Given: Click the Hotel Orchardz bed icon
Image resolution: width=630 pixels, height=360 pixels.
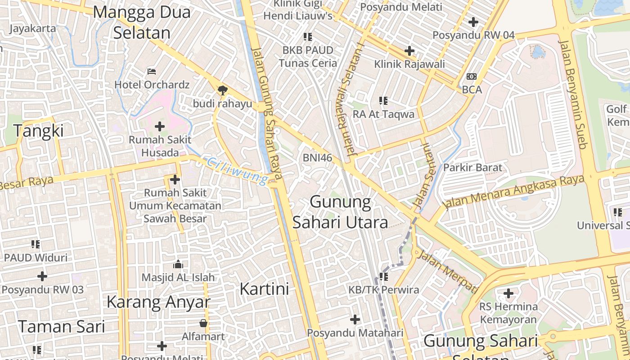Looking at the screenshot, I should [152, 71].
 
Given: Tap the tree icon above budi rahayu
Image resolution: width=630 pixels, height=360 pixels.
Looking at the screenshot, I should [222, 90].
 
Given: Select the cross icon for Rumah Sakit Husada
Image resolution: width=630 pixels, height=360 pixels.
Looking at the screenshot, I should [160, 126].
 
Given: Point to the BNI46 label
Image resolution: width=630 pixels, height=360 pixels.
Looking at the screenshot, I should [317, 157].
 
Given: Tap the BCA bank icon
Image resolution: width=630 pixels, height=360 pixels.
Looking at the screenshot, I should [472, 76].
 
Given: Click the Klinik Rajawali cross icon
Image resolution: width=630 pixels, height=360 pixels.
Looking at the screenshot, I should [409, 51].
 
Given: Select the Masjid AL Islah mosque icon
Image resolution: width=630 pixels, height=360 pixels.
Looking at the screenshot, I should [178, 264].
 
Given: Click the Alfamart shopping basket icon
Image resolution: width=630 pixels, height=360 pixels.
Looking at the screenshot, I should [203, 323].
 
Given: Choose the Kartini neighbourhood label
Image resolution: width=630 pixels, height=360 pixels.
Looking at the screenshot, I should [264, 289].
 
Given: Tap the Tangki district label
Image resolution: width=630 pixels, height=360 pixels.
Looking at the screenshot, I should [38, 131].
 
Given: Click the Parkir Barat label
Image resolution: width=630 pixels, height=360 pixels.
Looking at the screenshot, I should [472, 167].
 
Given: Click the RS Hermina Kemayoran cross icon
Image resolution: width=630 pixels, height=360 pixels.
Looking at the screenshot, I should [508, 293].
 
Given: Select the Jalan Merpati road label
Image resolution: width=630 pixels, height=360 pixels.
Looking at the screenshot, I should [447, 271].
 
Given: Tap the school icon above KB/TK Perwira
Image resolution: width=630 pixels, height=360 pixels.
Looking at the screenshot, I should [383, 276].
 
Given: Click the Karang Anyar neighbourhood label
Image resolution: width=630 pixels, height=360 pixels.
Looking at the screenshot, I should [158, 302].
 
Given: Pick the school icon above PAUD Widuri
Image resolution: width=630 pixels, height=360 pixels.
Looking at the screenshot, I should [36, 244].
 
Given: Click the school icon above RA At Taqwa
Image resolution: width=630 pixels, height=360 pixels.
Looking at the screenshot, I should [383, 101].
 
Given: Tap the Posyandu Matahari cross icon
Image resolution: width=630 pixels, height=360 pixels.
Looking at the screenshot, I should [355, 319].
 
